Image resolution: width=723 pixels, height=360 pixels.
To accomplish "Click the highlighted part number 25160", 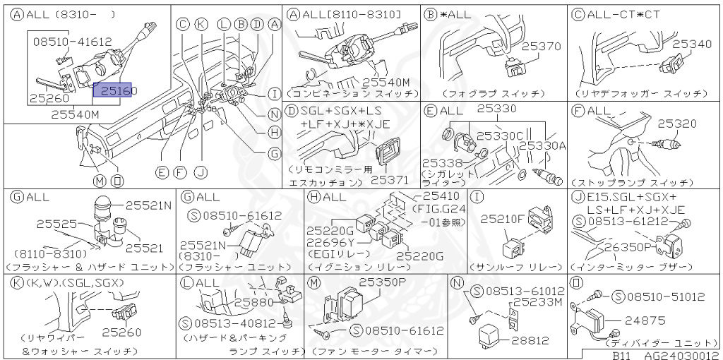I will coord(115,90).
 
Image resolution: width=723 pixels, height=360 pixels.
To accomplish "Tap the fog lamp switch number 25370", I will coord(541,46).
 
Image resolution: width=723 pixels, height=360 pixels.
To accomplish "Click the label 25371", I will coord(390,181).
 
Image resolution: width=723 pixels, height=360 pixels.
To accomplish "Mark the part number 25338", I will coord(442,163).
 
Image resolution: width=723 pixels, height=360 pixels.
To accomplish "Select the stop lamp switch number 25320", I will coord(678,122).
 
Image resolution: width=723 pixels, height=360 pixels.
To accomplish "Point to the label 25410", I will coord(440,196).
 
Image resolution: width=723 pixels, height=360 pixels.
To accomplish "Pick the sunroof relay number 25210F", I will coord(504,220).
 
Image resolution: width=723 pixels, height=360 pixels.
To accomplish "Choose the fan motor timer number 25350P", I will coord(382,282).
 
